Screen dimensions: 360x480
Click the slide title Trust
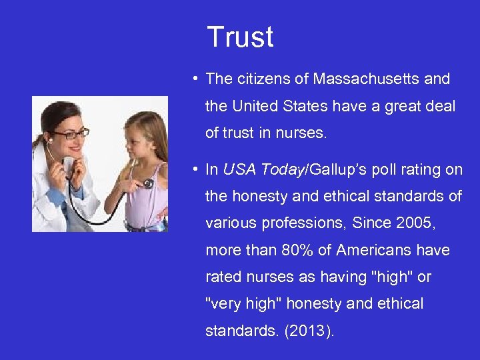pos(240,37)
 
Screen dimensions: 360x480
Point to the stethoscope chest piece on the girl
pos(148,183)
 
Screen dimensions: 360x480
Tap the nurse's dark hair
pos(57,113)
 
